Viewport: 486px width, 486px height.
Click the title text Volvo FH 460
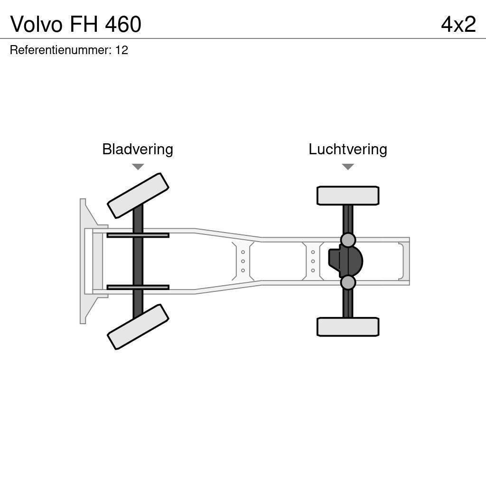[76, 24]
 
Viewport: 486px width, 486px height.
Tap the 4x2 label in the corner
[458, 24]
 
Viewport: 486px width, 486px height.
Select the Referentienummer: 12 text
[69, 50]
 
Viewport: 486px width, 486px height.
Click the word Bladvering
[138, 149]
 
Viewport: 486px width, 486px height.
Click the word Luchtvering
[348, 149]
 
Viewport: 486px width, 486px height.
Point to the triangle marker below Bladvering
[138, 167]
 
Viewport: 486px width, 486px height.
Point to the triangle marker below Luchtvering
[348, 167]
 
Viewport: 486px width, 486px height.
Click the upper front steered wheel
[138, 196]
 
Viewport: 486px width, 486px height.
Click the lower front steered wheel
[138, 327]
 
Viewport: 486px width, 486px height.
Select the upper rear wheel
[348, 196]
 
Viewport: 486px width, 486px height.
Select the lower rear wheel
[348, 327]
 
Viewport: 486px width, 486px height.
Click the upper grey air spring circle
[348, 240]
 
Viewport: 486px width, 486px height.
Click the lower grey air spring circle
[348, 282]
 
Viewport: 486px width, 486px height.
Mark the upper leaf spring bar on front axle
[138, 235]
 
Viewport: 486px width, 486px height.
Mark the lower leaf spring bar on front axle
[138, 287]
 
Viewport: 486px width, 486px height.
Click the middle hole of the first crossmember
[243, 261]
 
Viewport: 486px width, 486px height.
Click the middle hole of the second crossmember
[313, 261]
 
